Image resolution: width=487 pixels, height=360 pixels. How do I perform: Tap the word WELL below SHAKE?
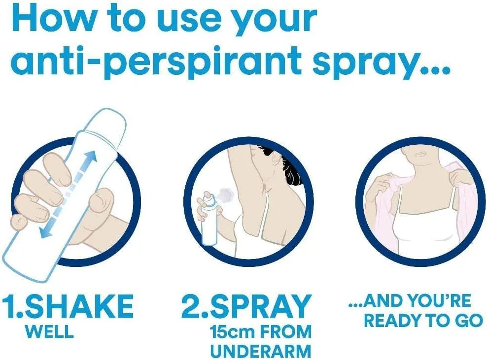[x=50, y=331]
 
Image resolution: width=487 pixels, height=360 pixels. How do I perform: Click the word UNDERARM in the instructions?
[x=261, y=351]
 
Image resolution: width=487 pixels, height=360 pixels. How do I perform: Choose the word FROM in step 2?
[x=286, y=332]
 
